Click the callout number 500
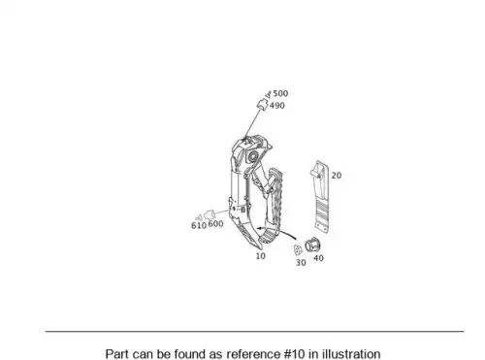[280, 93]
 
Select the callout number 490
[277, 106]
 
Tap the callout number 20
[337, 176]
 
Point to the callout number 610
[199, 225]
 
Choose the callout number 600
[215, 224]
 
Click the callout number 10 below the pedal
[260, 256]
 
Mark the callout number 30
[301, 263]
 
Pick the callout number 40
[318, 258]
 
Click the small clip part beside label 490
[262, 105]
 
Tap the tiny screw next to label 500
[268, 95]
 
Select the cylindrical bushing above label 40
[312, 245]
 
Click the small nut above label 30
[298, 250]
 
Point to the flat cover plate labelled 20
[320, 196]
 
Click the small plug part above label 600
[210, 214]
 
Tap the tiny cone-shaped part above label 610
[199, 217]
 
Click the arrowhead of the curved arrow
[259, 228]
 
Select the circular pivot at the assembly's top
[252, 156]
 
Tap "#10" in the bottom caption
[295, 354]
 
